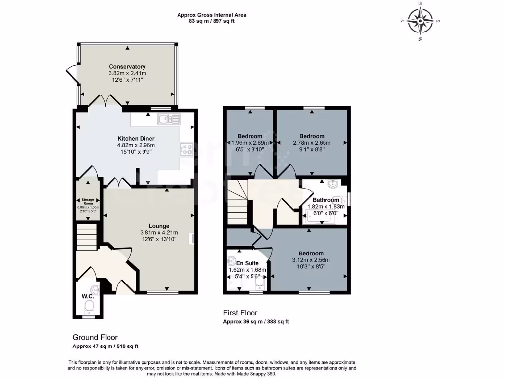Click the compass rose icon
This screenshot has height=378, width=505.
coord(421,21)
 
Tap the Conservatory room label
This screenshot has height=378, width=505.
coord(127,66)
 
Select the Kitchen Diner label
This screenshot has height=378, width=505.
coord(136,138)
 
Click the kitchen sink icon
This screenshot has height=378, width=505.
coord(170,119)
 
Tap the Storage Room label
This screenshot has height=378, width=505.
coord(88,201)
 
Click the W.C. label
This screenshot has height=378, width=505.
coord(88,297)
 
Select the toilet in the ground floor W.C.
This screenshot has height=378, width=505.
coord(89,308)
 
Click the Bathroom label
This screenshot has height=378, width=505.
coord(325,200)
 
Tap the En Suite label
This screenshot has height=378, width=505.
coord(247,263)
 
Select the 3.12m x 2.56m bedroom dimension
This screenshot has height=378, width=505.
coord(311,260)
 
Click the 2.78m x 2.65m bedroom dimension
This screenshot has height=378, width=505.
coord(312,143)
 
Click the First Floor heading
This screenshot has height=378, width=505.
coord(240,313)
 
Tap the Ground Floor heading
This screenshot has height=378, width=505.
coord(95,337)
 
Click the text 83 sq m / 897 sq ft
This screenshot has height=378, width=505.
coord(212,21)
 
